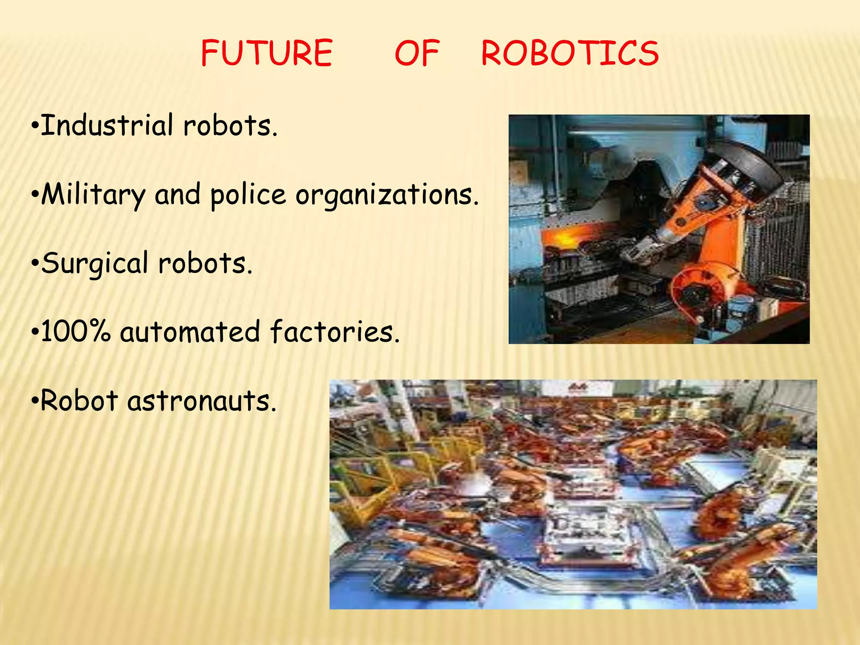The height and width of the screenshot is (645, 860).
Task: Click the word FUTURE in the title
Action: pos(267,53)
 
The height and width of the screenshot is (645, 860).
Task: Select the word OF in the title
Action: pos(417,53)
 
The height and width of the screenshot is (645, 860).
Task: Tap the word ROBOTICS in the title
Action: pos(570,53)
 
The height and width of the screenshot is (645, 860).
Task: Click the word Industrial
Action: pos(107,126)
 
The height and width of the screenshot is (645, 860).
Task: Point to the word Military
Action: pos(93,195)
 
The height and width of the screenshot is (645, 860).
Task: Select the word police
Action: pos(248,195)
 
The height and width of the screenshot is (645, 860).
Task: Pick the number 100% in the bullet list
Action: pos(76,332)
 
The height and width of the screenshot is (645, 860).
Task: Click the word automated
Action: pos(190,332)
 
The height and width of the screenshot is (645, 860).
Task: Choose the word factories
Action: pos(334,332)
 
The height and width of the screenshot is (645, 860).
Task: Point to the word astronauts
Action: pos(202,401)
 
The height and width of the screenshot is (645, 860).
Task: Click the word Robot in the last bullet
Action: pos(79,401)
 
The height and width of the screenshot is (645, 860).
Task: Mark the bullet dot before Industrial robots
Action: pos(36,126)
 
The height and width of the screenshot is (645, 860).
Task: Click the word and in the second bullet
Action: pos(178,195)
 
